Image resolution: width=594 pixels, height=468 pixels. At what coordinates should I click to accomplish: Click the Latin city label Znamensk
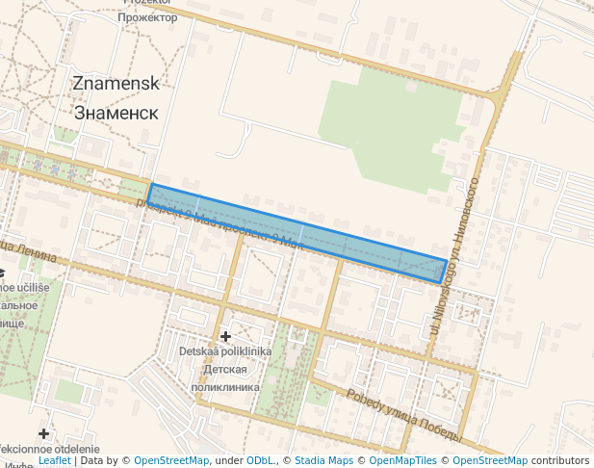(116, 84)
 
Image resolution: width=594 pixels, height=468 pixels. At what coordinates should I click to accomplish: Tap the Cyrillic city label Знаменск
(116, 112)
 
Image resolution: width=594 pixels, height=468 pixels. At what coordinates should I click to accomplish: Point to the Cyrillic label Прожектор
(148, 17)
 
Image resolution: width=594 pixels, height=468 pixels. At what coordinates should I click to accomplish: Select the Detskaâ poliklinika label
(225, 351)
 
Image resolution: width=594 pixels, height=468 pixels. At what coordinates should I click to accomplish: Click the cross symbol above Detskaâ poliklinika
(225, 336)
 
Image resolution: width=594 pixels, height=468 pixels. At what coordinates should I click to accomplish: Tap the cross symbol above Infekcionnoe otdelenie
(43, 434)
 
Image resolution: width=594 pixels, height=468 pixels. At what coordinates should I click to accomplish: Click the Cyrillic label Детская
(225, 369)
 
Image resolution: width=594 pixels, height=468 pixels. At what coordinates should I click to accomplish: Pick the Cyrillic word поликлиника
(225, 386)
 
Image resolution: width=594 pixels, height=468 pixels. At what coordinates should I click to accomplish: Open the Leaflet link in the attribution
(54, 461)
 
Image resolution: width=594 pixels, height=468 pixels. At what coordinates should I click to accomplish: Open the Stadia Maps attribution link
(323, 461)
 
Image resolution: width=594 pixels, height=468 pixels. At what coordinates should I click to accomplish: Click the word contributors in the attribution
(560, 461)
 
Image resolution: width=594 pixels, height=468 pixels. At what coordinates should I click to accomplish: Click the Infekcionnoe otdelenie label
(48, 450)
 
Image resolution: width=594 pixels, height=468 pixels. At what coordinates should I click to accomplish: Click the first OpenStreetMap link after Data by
(170, 461)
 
